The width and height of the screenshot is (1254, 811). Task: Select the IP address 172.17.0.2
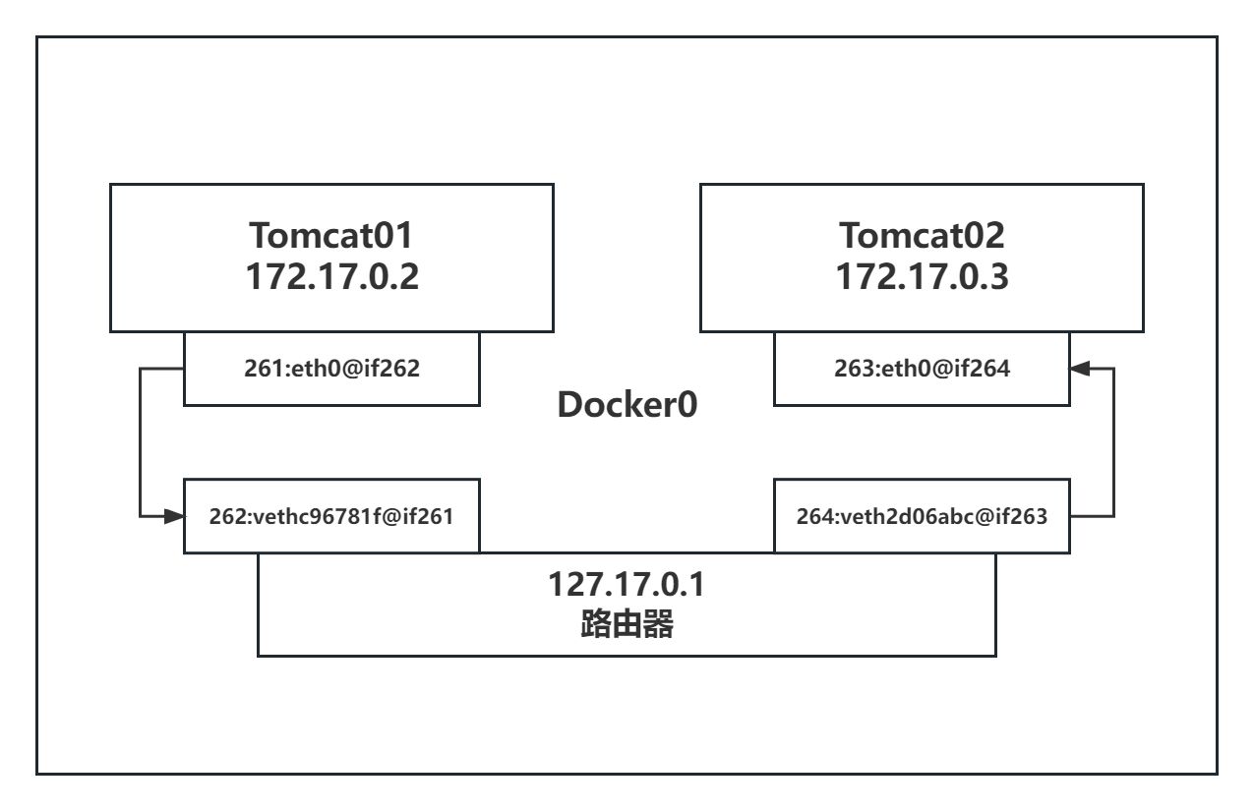point(331,276)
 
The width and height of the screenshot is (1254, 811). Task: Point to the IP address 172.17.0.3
point(922,276)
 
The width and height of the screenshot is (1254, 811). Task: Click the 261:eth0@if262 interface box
point(331,369)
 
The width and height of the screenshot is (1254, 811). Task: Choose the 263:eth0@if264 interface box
point(922,369)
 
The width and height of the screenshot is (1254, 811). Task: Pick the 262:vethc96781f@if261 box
point(331,515)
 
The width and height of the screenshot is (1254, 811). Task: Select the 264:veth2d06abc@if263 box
point(922,515)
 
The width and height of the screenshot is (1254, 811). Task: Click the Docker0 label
point(627,406)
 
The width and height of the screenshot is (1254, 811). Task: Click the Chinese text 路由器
point(627,624)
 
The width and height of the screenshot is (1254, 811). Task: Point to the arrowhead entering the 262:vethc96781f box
point(176,515)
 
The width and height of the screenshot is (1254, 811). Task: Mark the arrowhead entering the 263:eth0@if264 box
point(1079,369)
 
